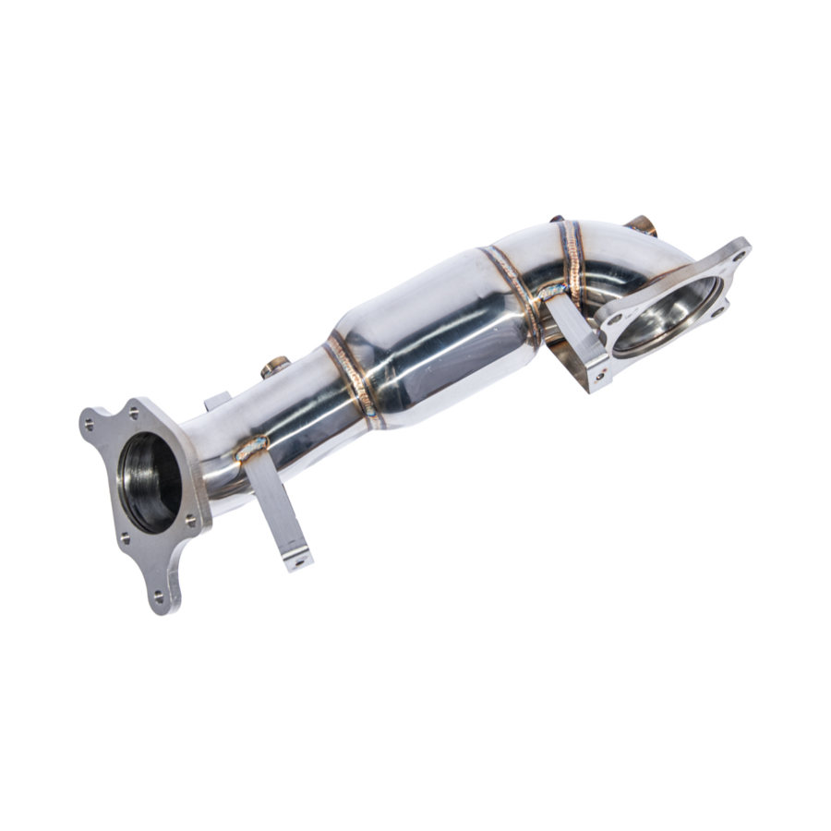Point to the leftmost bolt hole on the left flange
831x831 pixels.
tap(90, 426)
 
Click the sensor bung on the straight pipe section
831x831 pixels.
tap(274, 368)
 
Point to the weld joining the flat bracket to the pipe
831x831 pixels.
tap(251, 451)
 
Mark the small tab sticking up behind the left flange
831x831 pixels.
tap(217, 401)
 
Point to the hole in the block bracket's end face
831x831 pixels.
tap(598, 376)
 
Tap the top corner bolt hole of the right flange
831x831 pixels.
tap(734, 247)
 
